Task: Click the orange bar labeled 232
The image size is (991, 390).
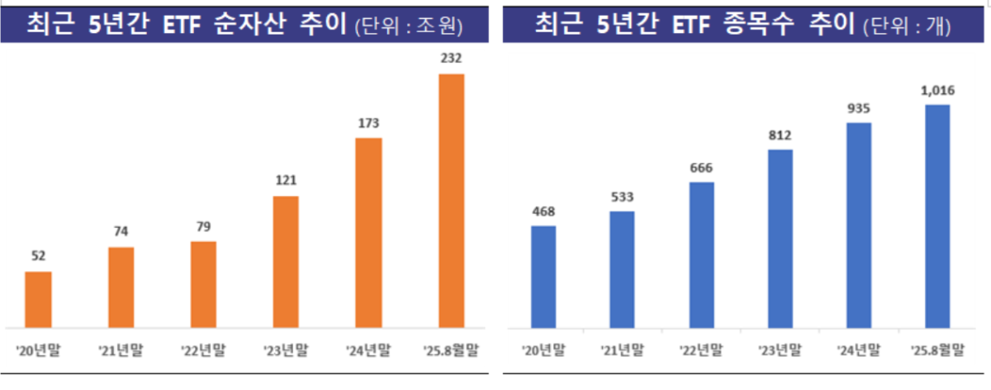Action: pos(451,200)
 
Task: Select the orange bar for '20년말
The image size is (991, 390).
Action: pos(38,298)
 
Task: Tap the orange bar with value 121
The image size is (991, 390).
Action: pos(286,261)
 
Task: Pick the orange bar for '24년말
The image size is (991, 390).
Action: pos(368,232)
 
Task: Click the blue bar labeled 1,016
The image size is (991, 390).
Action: pos(937,216)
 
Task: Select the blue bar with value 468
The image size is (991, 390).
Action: pos(543,276)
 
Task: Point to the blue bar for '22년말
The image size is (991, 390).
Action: pos(701,254)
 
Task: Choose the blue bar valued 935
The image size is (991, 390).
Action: pos(859,225)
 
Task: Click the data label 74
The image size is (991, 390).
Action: pos(121,231)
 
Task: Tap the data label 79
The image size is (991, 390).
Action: pos(203,226)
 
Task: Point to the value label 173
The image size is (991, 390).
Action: pos(368,123)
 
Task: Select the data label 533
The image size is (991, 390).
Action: pos(623,197)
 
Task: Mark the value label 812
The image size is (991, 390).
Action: pos(780,135)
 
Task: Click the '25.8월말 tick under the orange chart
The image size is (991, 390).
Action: pos(451,350)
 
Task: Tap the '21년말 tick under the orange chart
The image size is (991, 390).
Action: pos(121,350)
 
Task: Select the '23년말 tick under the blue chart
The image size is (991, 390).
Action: pos(780,350)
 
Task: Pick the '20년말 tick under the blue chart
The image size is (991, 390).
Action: pos(543,350)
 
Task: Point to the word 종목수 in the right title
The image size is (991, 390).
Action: pos(757,23)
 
